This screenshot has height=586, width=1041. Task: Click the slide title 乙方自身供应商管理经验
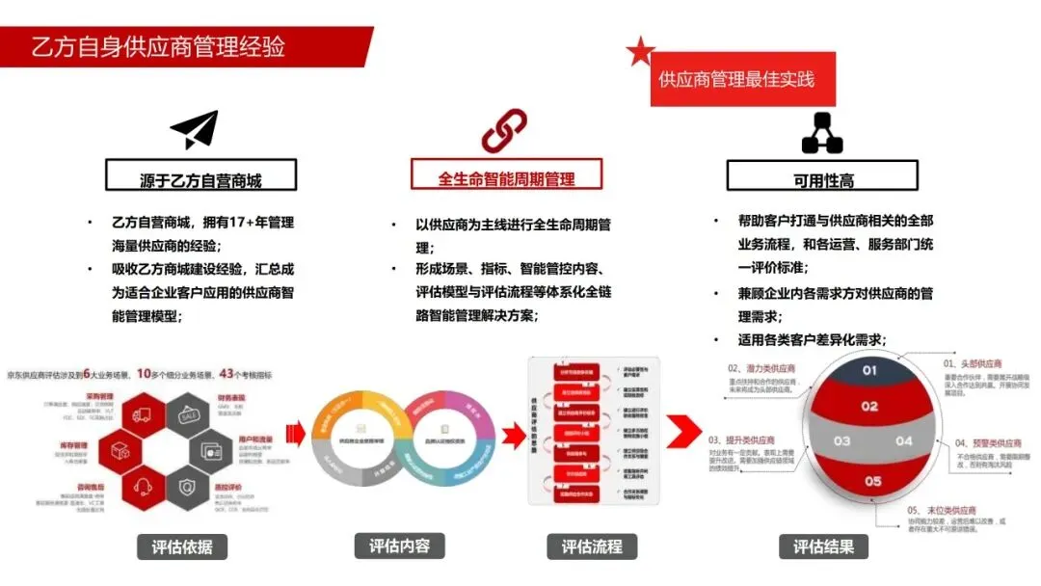coord(159,46)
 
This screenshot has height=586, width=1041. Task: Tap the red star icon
coord(640,52)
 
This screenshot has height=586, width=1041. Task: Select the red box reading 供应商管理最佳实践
coord(736,79)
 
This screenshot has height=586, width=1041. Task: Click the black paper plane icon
coord(195,130)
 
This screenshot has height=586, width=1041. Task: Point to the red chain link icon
coord(504,130)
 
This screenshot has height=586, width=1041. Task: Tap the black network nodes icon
coord(821,133)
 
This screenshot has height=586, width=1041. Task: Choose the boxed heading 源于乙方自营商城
coord(200,179)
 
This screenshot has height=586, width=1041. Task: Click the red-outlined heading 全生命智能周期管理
coord(506,178)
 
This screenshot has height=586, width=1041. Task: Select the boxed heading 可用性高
coord(822,179)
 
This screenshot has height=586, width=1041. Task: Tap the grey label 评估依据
coord(181,547)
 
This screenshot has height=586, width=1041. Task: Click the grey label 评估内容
coord(399,546)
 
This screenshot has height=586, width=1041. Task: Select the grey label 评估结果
coord(823,546)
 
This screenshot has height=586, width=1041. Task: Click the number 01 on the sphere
coord(869,370)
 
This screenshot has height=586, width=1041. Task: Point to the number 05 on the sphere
coord(872,480)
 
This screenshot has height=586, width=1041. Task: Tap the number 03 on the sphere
coord(842,441)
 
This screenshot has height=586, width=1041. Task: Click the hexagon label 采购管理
coord(101,396)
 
